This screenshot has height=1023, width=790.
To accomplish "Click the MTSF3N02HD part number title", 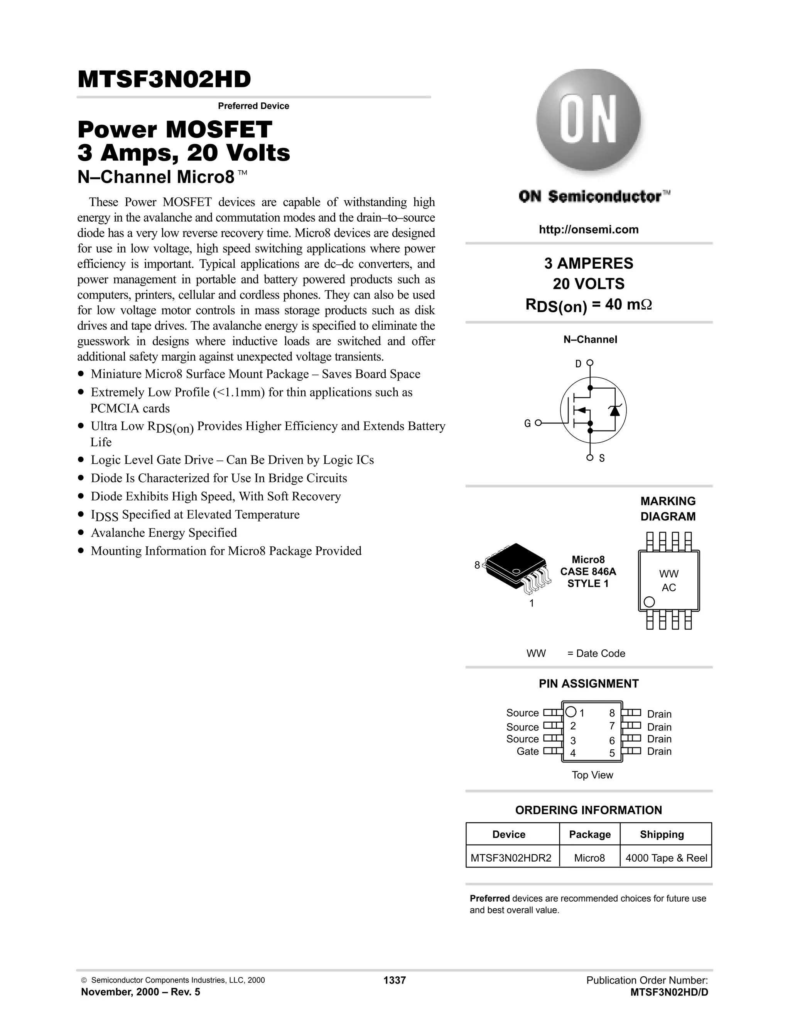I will (164, 80).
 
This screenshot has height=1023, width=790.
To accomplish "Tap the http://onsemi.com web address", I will (588, 230).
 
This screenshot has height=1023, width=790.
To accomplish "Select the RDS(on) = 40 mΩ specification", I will (588, 305).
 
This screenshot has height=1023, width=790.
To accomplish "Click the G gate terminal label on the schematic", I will (527, 423).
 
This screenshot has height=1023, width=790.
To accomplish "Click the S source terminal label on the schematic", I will (602, 459).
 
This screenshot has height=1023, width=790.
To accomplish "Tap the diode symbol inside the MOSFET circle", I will (614, 410).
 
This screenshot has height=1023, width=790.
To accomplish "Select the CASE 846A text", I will (588, 571).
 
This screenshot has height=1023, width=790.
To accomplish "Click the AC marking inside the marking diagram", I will (669, 588).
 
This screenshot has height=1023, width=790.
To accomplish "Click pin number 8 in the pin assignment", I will (612, 713).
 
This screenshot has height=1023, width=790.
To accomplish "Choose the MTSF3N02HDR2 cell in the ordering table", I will (511, 858).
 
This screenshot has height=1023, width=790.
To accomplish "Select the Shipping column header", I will (662, 834).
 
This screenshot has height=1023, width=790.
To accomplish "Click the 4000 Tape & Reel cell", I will (666, 858).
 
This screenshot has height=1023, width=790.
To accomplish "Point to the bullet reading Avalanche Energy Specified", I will (164, 533).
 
